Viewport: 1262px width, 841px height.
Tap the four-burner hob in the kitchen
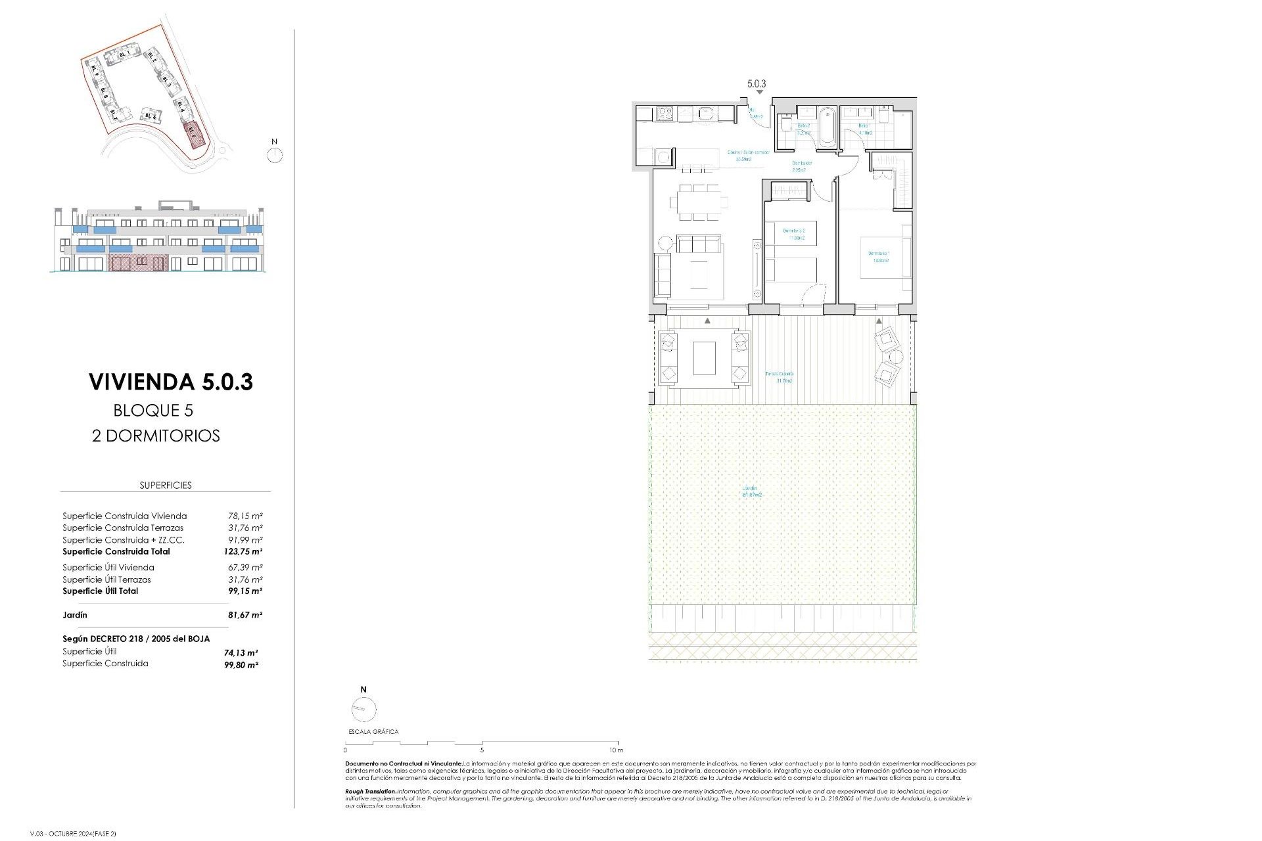[664, 114]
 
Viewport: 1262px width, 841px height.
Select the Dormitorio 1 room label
[879, 256]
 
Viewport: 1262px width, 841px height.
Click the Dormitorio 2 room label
[794, 234]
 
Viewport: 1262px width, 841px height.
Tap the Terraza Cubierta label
[780, 376]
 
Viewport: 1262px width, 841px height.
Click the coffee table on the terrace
[704, 358]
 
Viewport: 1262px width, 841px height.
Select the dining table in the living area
[699, 202]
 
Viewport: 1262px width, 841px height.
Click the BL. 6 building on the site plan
[151, 116]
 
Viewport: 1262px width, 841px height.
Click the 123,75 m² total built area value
[243, 552]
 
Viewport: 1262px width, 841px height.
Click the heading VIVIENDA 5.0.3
[171, 382]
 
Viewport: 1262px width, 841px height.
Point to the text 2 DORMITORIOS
[156, 436]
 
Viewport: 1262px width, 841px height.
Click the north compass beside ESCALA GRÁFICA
[363, 709]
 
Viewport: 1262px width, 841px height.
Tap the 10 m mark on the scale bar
[616, 750]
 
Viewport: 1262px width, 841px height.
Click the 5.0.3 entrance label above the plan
[757, 84]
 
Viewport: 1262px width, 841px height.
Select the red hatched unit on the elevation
[138, 263]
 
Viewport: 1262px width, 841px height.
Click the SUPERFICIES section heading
[166, 485]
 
